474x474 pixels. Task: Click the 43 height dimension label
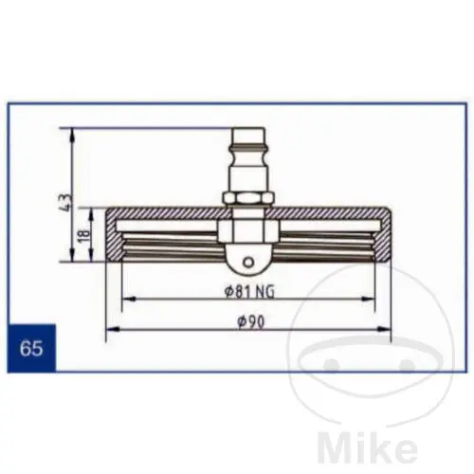coord(68,202)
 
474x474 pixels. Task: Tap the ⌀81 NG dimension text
coord(249,292)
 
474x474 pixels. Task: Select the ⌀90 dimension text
coord(250,322)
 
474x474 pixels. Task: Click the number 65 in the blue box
coord(31,348)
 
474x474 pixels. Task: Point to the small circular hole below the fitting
coord(248,263)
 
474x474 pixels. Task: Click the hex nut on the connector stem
coord(247,198)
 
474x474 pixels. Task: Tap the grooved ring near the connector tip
coord(247,147)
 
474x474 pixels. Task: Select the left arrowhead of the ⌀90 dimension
coord(113,330)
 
